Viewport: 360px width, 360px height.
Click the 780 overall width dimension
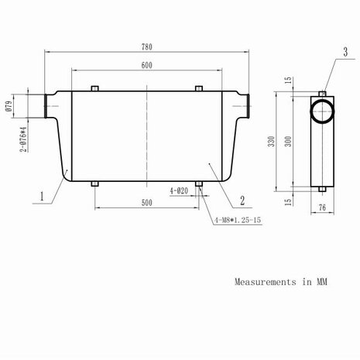coord(146,46)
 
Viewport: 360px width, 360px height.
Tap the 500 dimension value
coord(146,202)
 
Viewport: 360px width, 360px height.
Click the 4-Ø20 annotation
coord(180,190)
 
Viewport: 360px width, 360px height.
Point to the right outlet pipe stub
coord(246,104)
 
